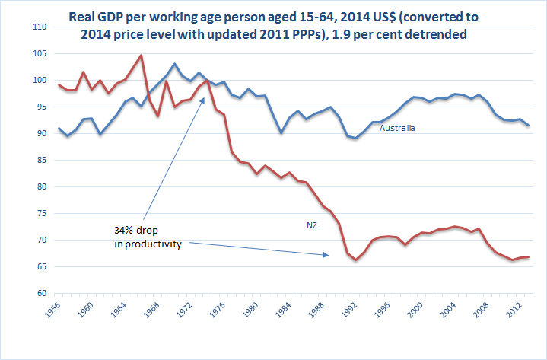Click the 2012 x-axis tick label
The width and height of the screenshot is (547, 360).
click(x=515, y=311)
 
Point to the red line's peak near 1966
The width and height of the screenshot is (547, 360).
click(x=141, y=55)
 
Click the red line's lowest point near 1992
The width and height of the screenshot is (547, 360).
click(x=355, y=260)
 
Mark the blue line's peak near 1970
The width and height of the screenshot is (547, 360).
click(x=175, y=64)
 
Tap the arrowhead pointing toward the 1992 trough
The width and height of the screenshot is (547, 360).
click(x=328, y=255)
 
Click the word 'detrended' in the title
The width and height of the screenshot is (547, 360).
click(x=431, y=34)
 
